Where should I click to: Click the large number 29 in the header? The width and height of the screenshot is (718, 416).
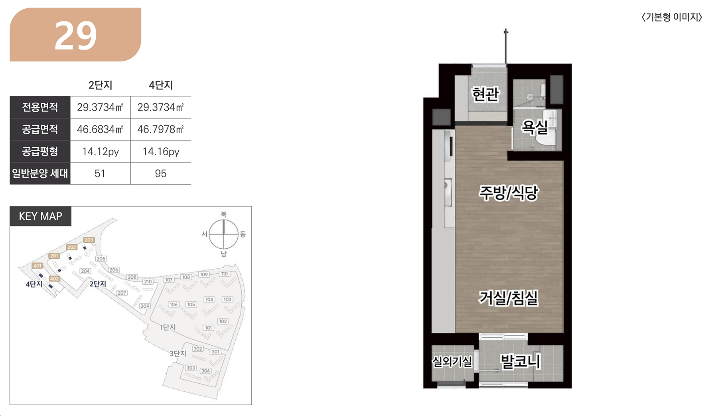tap(76, 36)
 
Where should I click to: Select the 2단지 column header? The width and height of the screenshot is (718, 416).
tap(100, 85)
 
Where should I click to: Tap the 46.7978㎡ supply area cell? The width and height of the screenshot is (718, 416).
tap(160, 129)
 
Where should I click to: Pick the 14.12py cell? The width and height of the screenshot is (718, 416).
tap(101, 152)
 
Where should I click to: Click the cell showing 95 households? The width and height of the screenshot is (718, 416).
tap(161, 174)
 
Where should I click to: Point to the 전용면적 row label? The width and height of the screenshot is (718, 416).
tap(40, 107)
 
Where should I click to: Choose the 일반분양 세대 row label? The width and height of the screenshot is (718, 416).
tap(40, 173)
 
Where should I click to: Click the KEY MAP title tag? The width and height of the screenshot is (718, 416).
tap(41, 216)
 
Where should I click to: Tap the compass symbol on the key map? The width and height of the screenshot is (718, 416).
tap(224, 234)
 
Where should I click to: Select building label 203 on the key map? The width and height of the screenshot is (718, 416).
tap(89, 240)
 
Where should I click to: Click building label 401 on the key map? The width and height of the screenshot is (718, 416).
tap(37, 265)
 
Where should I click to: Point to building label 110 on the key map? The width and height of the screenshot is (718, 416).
tap(225, 274)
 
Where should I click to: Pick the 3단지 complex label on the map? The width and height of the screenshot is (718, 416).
tap(178, 354)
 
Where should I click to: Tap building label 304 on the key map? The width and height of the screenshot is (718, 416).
tap(205, 371)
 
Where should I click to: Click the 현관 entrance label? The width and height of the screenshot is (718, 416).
tap(485, 94)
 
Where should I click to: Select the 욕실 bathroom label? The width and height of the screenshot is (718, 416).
tap(535, 127)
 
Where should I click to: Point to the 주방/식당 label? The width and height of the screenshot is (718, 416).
tap(509, 193)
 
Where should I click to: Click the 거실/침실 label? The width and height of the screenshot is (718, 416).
tap(509, 298)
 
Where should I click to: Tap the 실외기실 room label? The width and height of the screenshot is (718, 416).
tap(452, 362)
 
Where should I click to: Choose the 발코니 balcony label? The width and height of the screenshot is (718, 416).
tap(521, 362)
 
